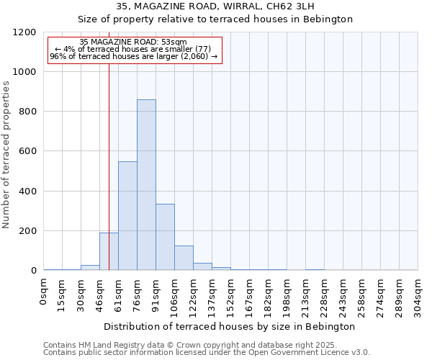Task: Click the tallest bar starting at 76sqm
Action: (x=146, y=185)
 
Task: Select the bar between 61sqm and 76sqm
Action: (x=127, y=216)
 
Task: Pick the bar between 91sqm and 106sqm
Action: (x=165, y=237)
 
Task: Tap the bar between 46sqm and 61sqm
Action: (x=109, y=251)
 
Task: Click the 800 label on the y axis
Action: (x=27, y=112)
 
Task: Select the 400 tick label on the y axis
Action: (x=27, y=192)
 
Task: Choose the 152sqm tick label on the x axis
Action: (x=231, y=292)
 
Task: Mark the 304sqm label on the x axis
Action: (x=418, y=292)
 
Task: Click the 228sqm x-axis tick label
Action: (x=325, y=292)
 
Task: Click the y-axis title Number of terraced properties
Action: (x=6, y=154)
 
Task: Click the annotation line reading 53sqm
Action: (x=133, y=42)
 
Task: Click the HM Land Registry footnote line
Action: (x=206, y=345)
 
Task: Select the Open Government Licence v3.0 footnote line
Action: (x=206, y=353)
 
